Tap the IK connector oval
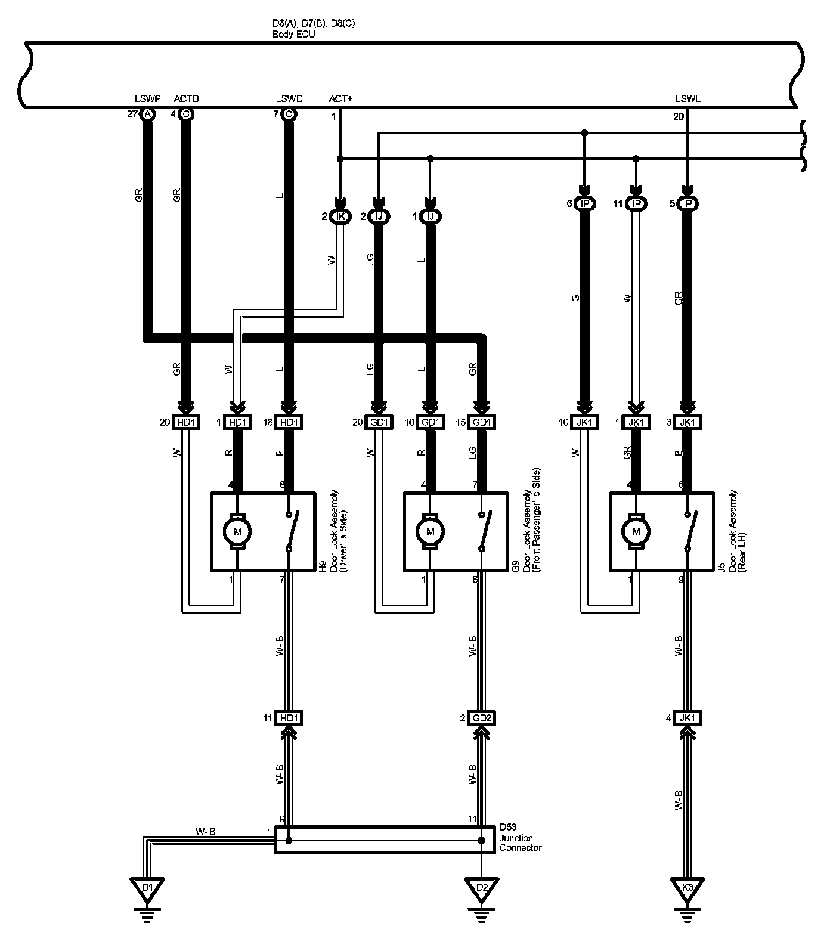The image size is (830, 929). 340,216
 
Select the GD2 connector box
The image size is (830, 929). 482,718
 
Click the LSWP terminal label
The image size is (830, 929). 145,98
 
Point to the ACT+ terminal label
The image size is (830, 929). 340,98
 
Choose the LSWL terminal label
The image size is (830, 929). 687,98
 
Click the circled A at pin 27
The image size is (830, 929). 147,114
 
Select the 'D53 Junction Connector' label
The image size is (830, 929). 520,838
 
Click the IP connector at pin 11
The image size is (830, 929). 636,204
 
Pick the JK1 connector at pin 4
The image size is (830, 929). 687,718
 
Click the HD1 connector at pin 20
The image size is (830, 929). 186,422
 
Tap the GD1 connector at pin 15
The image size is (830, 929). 482,422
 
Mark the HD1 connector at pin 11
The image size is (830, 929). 289,718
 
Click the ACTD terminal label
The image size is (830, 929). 186,98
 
